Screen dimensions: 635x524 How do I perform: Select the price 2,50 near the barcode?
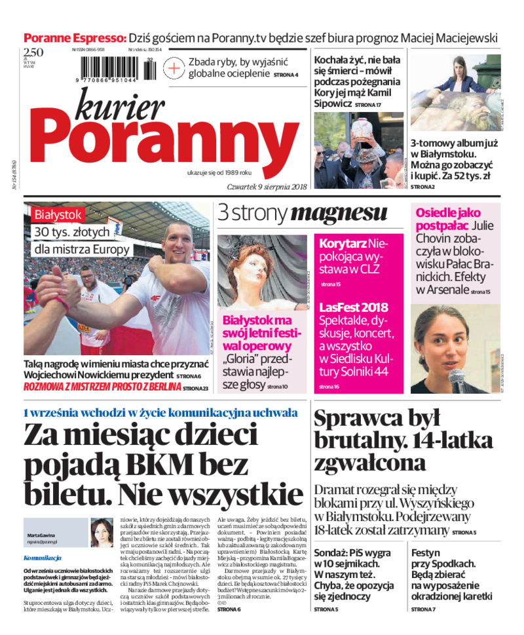[33, 53]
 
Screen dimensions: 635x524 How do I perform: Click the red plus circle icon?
[174, 67]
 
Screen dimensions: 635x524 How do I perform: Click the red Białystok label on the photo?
[59, 214]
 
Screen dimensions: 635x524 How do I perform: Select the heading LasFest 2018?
[354, 307]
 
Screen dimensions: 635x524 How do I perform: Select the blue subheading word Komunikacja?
[42, 558]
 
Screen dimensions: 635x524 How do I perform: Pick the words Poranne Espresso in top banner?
[75, 38]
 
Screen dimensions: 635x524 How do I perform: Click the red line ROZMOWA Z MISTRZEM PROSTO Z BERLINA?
[102, 387]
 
